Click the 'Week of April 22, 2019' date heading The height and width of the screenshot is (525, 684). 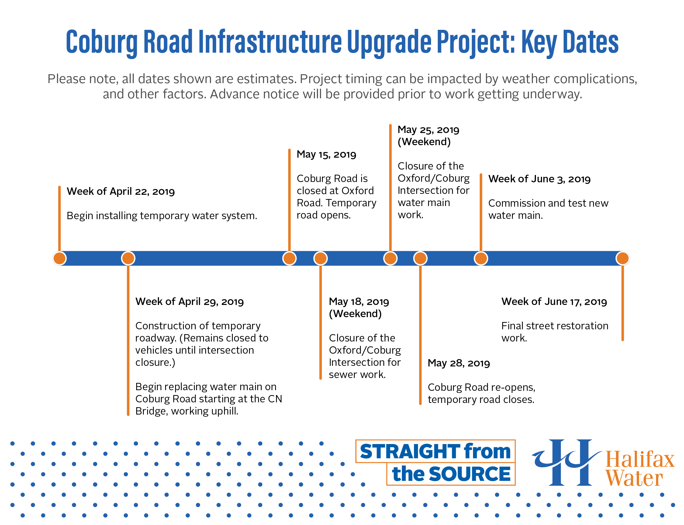[x=120, y=191]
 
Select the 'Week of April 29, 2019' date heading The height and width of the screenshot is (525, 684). [x=189, y=302]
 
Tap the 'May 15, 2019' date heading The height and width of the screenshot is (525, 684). [x=326, y=154]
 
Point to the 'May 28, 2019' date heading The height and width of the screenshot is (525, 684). [x=459, y=363]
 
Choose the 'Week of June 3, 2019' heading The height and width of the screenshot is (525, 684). [x=540, y=179]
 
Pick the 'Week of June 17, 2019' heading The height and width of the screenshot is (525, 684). [x=554, y=302]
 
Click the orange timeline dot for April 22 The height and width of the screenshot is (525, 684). [x=60, y=258]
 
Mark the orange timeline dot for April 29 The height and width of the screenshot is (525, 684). [x=128, y=258]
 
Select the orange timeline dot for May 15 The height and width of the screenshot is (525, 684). [x=289, y=258]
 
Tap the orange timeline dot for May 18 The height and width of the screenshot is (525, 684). [x=321, y=258]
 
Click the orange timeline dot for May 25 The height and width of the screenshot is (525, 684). [x=390, y=258]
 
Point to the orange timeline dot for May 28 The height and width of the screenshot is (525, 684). [x=420, y=258]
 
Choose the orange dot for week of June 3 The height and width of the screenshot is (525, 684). [x=481, y=258]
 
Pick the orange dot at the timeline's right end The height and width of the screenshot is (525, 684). [x=623, y=258]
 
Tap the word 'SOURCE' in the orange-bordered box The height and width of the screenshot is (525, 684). [x=470, y=474]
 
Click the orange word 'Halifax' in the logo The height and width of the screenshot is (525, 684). [x=640, y=459]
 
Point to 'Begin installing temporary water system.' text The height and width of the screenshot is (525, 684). [x=162, y=215]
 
